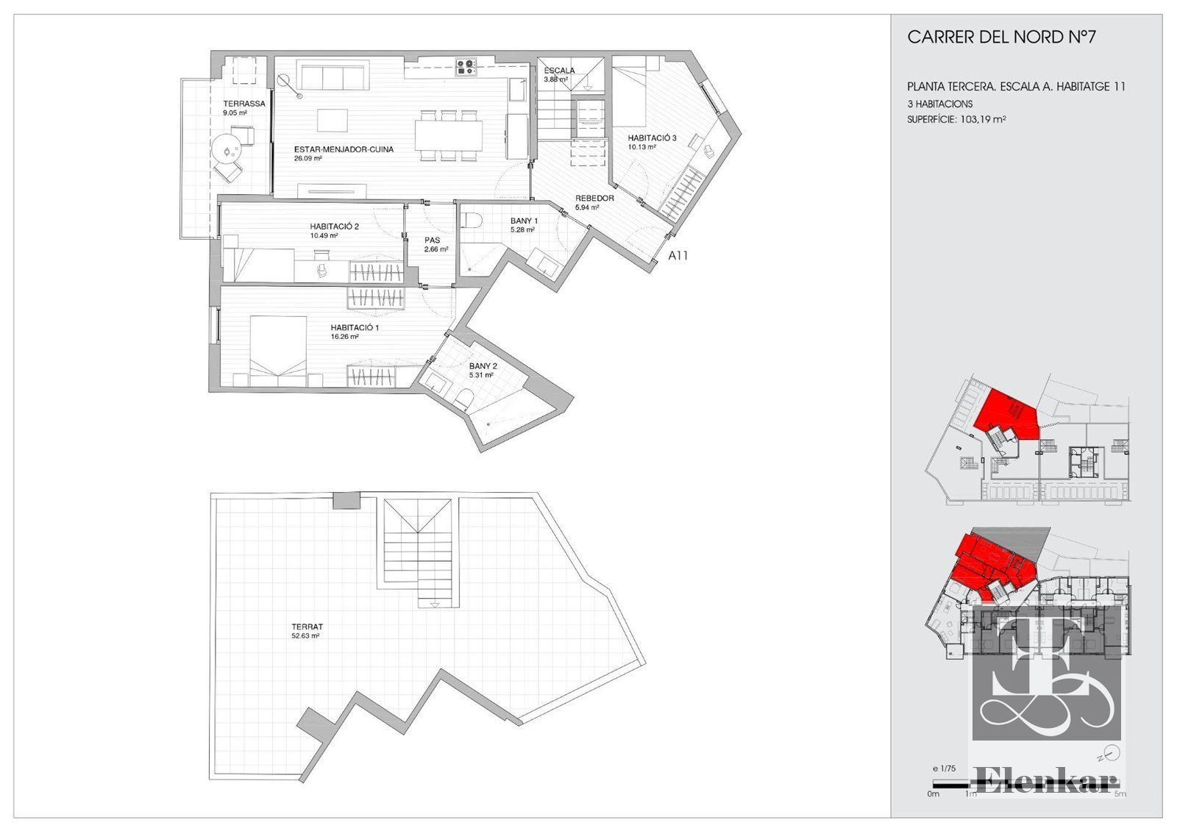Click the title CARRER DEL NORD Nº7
pos(1001,38)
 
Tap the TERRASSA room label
pos(243,104)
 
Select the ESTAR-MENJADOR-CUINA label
pos(344,149)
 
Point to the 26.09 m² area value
pos(308,158)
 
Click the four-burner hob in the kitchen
pos(466,65)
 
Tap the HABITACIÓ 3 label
pos(652,138)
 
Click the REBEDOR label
pos(594,198)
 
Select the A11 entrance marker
pos(678,256)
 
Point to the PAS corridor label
pos(433,240)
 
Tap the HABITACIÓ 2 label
pos(334,227)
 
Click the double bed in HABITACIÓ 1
pos(278,346)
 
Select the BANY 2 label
pos(483,366)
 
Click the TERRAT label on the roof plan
pos(307,627)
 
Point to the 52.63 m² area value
pos(306,635)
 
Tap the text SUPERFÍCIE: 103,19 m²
pos(956,119)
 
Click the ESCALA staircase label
pos(559,71)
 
